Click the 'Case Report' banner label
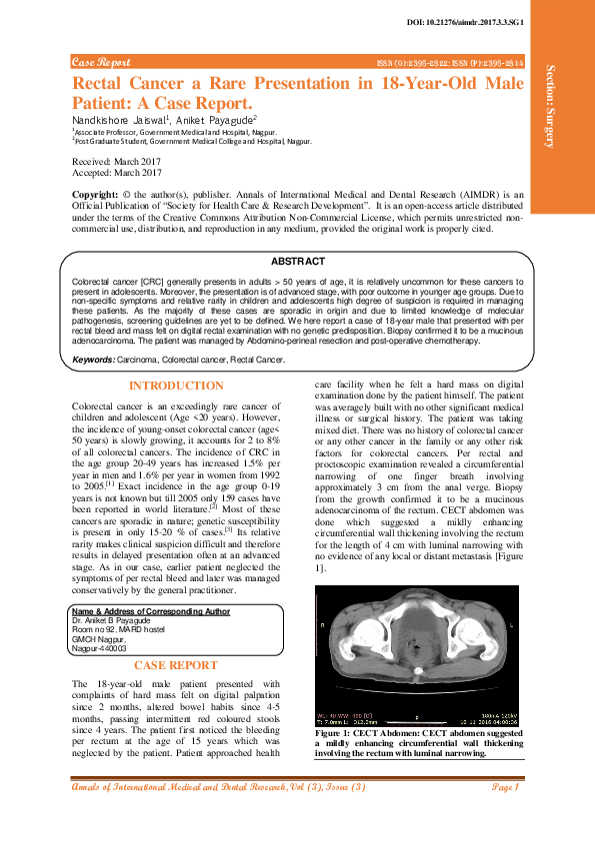[x=101, y=62]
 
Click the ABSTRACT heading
[x=297, y=260]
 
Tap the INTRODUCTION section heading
[x=176, y=386]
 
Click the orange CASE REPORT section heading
[x=176, y=664]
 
